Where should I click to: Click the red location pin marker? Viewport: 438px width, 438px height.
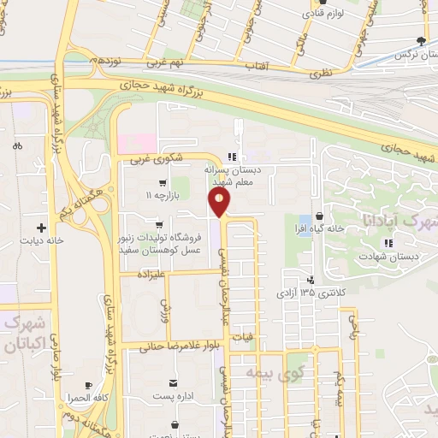pos(219,202)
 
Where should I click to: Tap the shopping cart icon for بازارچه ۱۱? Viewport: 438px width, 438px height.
pos(162,183)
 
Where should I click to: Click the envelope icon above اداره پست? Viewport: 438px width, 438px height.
pos(174,382)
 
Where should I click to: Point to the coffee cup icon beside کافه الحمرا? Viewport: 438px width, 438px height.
pos(88,384)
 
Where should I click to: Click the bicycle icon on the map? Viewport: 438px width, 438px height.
pos(17,146)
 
